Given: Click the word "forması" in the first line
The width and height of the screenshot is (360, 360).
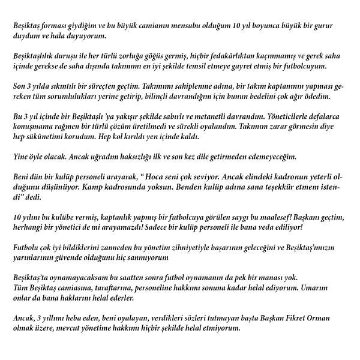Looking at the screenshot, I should (x=61, y=28).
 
